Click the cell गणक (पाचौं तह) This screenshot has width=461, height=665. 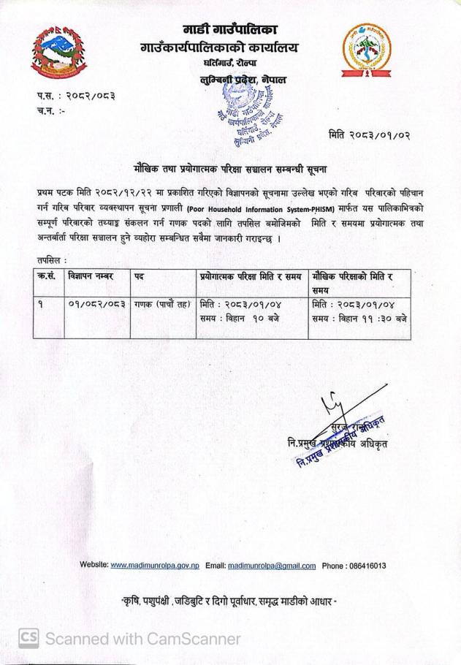coord(163,303)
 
